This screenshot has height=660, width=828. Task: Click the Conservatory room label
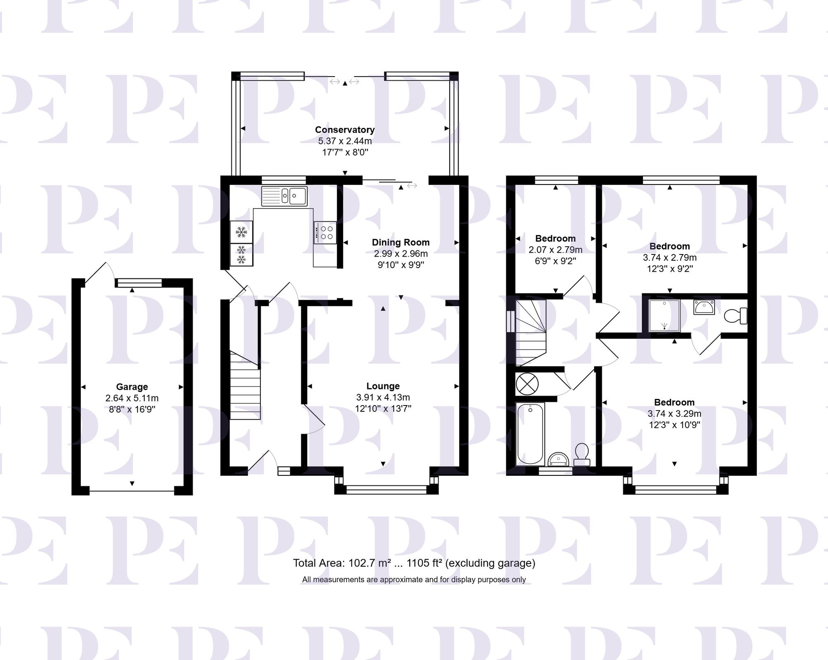344,130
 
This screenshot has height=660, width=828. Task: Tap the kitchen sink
284,196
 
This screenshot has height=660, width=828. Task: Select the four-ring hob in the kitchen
325,233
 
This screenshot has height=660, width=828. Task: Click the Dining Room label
400,242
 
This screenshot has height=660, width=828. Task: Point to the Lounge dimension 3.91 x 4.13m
383,397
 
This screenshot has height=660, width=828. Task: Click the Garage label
132,387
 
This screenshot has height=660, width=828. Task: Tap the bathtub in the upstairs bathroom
530,433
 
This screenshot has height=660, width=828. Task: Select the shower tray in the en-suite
664,315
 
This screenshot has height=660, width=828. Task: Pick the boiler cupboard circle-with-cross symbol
527,384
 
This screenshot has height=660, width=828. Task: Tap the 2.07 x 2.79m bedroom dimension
555,250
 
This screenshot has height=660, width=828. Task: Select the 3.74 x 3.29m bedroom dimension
674,413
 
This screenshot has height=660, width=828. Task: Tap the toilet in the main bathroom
582,454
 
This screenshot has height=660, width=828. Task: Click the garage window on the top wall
139,283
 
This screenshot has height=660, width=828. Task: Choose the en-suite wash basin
704,307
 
